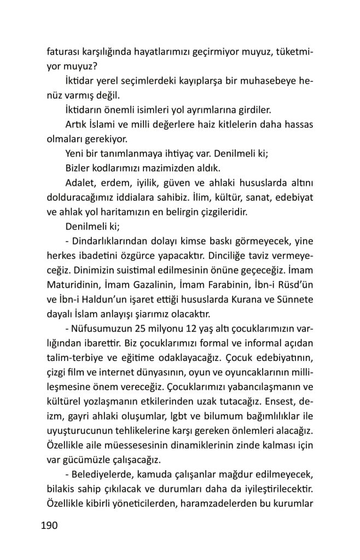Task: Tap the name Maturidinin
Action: coord(72,285)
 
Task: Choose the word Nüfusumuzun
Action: coord(102,328)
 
